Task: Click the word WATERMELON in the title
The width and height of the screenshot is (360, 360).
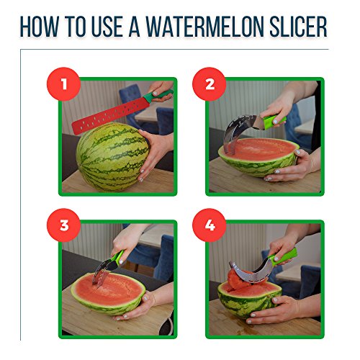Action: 205,27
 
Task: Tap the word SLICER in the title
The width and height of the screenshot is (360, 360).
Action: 298,27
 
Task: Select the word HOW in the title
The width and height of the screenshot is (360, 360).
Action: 40,27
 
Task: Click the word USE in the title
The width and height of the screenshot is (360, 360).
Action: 107,27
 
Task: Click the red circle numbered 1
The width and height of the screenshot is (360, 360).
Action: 63,84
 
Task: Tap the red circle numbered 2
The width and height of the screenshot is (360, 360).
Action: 210,84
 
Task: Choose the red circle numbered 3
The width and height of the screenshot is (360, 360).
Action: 63,225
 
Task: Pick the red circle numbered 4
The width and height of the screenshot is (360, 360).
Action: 210,225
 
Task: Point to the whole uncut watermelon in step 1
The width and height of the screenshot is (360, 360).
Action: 112,157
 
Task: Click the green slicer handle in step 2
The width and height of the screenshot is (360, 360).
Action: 274,121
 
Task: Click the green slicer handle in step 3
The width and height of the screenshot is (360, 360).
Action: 117,258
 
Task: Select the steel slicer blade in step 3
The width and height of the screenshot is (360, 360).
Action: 103,272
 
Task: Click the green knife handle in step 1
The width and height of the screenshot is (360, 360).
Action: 158,95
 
